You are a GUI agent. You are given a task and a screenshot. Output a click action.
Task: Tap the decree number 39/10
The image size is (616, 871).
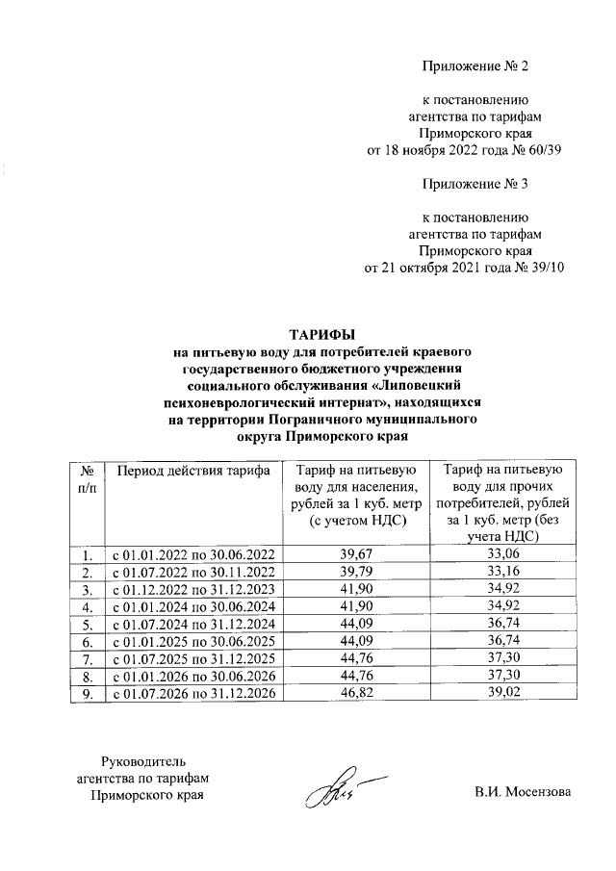(544, 267)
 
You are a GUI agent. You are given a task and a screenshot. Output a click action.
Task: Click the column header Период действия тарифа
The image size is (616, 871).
(188, 471)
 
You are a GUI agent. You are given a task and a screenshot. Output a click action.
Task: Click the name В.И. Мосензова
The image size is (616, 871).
(522, 793)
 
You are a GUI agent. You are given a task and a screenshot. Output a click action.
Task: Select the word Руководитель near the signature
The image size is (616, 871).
(142, 761)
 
